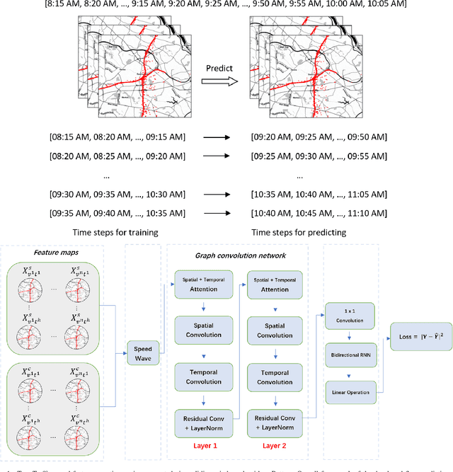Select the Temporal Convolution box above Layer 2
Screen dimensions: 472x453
coord(274,377)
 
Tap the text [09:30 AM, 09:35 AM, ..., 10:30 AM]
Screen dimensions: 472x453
coord(117,193)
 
